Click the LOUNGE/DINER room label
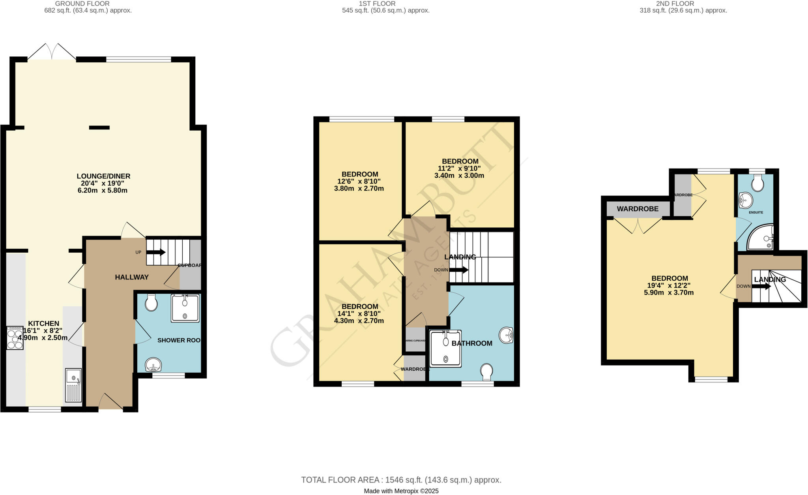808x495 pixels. [x=103, y=176]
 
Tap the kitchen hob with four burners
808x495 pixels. [x=15, y=338]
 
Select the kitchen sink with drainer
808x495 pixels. [x=73, y=385]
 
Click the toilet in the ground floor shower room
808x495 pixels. [x=151, y=303]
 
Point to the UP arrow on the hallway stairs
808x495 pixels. [x=156, y=252]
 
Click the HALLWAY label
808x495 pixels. [x=132, y=277]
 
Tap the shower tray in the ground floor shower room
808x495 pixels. [x=185, y=308]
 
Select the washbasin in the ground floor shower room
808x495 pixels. [x=153, y=365]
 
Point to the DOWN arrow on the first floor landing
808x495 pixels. [x=458, y=270]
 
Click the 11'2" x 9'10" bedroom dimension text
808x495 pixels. [x=459, y=169]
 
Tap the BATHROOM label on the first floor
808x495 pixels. [x=472, y=343]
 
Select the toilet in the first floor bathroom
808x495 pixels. [x=487, y=371]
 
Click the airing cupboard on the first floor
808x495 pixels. [x=415, y=341]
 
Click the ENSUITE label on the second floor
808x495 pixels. [x=756, y=212]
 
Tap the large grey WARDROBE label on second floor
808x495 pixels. [x=638, y=209]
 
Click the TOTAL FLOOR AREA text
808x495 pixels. [x=401, y=480]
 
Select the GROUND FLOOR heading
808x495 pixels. [x=82, y=4]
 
